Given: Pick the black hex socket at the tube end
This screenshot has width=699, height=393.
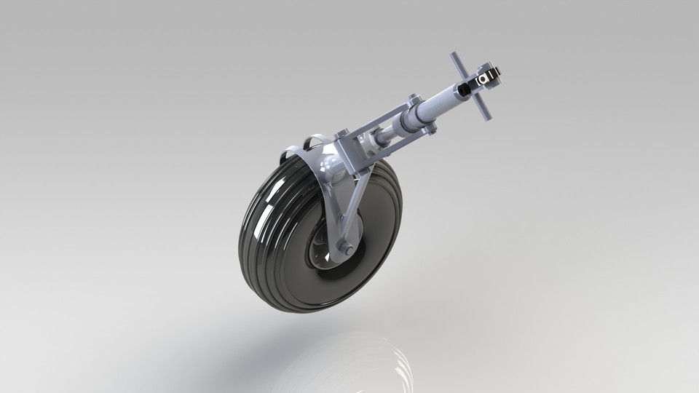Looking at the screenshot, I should (463, 90).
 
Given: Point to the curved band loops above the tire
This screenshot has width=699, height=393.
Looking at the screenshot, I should (311, 140).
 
